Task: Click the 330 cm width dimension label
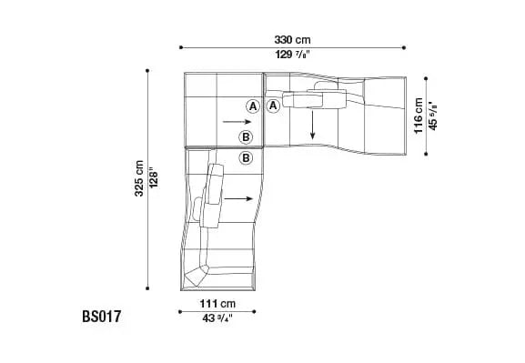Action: click(292, 40)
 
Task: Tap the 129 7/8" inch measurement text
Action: click(292, 55)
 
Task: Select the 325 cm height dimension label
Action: click(139, 178)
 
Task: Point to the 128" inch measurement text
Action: click(154, 178)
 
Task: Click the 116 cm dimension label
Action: click(419, 116)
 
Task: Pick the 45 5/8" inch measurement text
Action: click(433, 116)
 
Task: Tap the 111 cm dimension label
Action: click(217, 304)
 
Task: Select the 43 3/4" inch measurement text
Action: click(217, 318)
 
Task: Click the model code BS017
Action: click(101, 317)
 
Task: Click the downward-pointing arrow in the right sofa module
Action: click(312, 126)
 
